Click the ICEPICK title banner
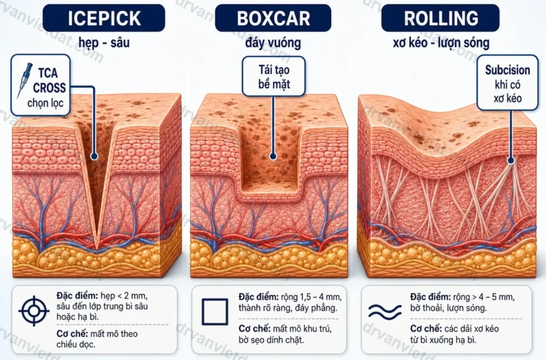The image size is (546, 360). [x=104, y=18]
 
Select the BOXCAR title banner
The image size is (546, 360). [x=273, y=18]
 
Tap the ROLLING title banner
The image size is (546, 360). [x=440, y=18]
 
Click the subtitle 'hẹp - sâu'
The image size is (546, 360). [x=104, y=43]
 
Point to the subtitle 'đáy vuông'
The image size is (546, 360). [x=273, y=43]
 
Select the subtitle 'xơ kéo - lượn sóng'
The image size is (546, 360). [x=441, y=43]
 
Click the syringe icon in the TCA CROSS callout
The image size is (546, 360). [x=24, y=80]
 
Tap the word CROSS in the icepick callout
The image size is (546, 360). [x=49, y=88]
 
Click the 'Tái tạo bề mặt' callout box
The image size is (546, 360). [x=274, y=76]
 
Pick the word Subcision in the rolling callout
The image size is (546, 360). [x=507, y=70]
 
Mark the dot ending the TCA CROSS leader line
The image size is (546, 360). [x=94, y=156]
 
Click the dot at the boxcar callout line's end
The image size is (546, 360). [x=273, y=156]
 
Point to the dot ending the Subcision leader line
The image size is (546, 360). [x=511, y=160]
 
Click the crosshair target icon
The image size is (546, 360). [x=34, y=310]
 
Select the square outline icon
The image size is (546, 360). [x=215, y=311]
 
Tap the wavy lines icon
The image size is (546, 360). [x=385, y=311]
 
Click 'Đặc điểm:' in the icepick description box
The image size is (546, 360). [x=77, y=296]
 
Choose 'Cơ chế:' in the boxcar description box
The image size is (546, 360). [x=254, y=328]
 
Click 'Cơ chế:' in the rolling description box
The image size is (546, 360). [x=426, y=328]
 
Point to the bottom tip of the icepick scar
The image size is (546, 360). [x=97, y=249]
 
